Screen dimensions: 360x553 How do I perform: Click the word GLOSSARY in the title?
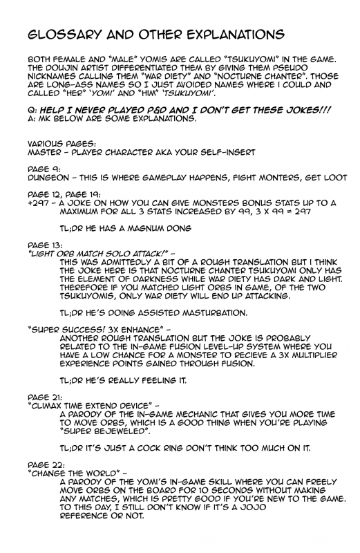pos(60,35)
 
